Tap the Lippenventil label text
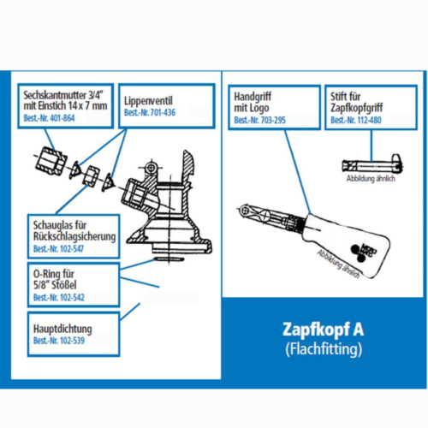tap(147, 99)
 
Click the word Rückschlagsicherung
tap(70, 236)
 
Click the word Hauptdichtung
tap(62, 328)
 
